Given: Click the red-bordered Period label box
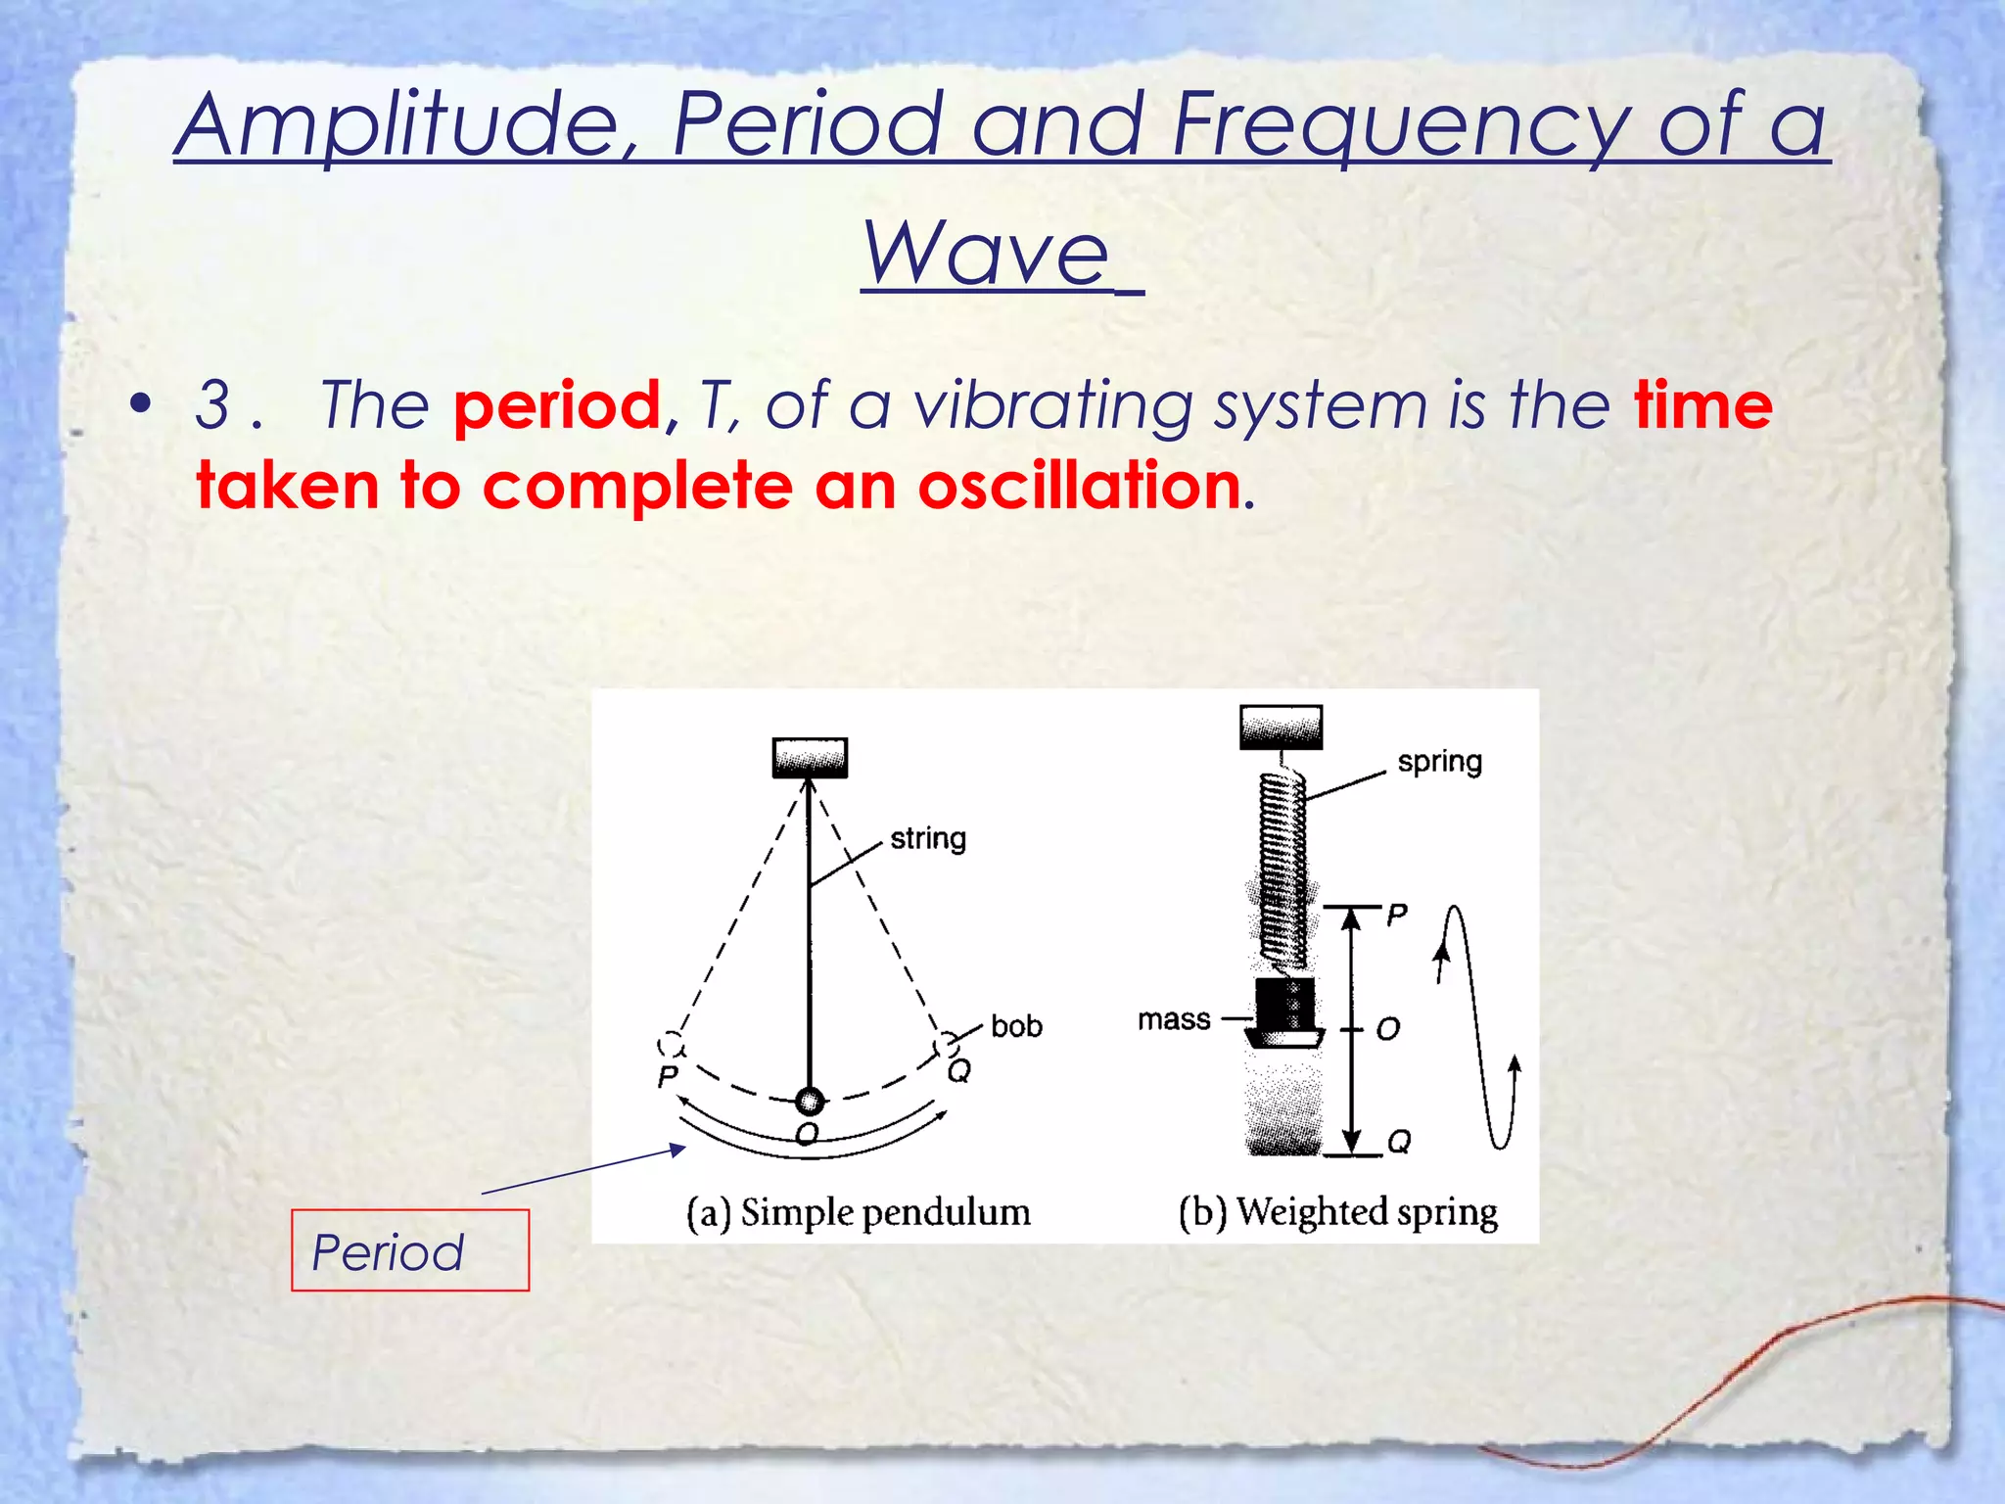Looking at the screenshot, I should [x=409, y=1250].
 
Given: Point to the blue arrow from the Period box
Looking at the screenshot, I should [x=583, y=1170].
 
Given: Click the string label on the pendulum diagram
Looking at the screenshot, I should [x=927, y=839].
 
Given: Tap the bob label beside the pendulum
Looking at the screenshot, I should [x=1016, y=1026].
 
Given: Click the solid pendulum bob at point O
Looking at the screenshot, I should [x=809, y=1102].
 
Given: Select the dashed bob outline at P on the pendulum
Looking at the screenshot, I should [x=671, y=1044].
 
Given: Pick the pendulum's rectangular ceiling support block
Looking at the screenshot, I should [x=810, y=758].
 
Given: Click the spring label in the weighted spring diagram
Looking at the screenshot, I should [x=1439, y=762].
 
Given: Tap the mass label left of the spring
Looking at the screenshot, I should [x=1174, y=1019].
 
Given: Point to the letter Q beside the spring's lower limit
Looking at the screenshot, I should [x=1400, y=1142].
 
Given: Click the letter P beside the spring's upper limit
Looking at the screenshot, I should [x=1397, y=914].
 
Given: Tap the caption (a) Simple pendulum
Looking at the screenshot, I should [x=858, y=1212].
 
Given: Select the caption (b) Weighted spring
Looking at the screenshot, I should [x=1337, y=1212].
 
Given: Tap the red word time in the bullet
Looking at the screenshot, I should [x=1703, y=405].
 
